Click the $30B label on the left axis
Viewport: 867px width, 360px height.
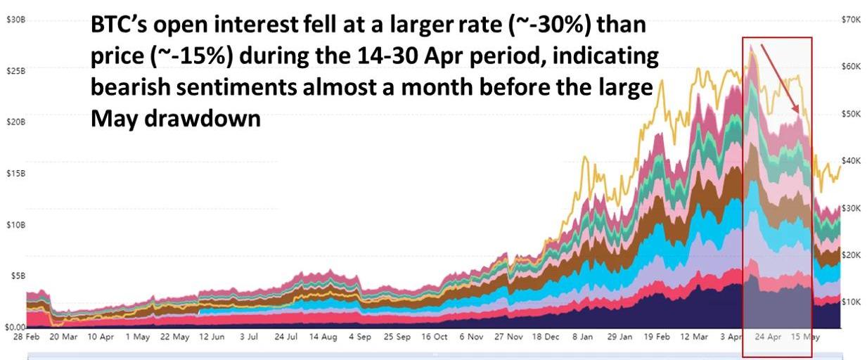point(15,20)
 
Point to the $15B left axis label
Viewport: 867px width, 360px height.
point(15,173)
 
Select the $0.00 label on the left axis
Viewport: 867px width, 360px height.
point(15,327)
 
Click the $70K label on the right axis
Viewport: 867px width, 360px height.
point(851,20)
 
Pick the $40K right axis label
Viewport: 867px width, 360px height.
point(851,160)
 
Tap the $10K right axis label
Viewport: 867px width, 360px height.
point(851,302)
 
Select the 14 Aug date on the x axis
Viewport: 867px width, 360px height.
point(323,337)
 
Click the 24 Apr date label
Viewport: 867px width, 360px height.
point(769,337)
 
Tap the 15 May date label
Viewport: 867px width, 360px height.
point(806,337)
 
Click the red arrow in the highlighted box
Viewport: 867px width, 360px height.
point(781,78)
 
